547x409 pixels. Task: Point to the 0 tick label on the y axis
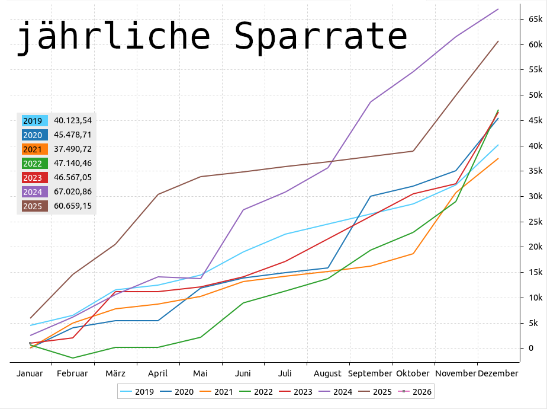tap(531, 348)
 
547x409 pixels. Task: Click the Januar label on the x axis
tap(30, 373)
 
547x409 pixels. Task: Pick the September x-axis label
tap(370, 373)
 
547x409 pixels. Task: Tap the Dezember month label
tap(498, 373)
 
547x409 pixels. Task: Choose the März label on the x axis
tap(115, 373)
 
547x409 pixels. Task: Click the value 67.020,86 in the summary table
tap(73, 191)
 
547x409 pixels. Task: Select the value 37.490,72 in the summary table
tap(73, 149)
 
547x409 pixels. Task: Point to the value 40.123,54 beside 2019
tap(73, 120)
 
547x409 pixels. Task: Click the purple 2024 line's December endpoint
tap(498, 9)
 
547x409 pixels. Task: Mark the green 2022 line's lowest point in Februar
tap(73, 358)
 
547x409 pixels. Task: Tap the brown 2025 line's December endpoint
tap(498, 41)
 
